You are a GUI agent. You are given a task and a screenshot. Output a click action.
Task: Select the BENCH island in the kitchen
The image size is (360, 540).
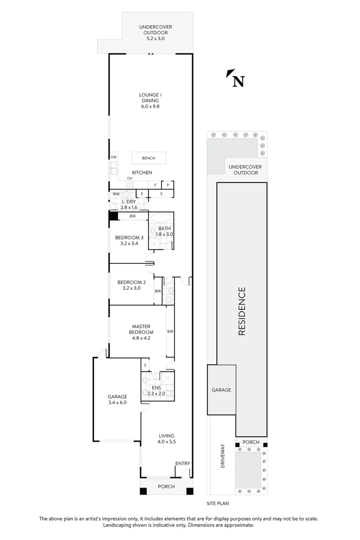[x=148, y=158]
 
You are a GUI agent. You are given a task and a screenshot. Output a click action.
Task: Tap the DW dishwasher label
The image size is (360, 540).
[x=113, y=156]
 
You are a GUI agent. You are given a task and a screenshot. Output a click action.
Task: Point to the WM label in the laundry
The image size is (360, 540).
[x=115, y=193]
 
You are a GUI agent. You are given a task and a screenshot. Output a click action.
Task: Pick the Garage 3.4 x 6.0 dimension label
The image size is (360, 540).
[x=117, y=399]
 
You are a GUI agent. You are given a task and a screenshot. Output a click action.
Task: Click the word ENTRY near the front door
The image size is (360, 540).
[x=182, y=463]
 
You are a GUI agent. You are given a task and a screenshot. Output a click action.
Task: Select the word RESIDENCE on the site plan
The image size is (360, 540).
[x=241, y=310]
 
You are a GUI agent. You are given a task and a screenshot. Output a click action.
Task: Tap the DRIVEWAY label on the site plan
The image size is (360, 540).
[x=223, y=456]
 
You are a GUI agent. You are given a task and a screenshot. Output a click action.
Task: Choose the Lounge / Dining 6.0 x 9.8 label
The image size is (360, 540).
[x=149, y=100]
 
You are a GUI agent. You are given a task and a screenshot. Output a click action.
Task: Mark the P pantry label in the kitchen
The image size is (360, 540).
[x=168, y=184]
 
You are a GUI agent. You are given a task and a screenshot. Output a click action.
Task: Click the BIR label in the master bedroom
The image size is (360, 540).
[x=170, y=331]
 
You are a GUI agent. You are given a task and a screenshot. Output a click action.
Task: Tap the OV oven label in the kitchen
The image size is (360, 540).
[x=129, y=178]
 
